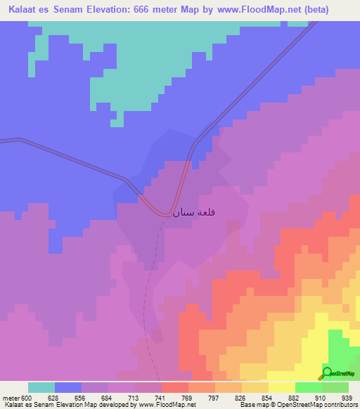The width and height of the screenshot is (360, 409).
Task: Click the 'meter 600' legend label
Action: point(15,398)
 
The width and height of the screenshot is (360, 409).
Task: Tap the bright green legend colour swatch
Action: point(308,387)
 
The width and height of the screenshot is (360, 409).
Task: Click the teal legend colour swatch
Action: point(41,387)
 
